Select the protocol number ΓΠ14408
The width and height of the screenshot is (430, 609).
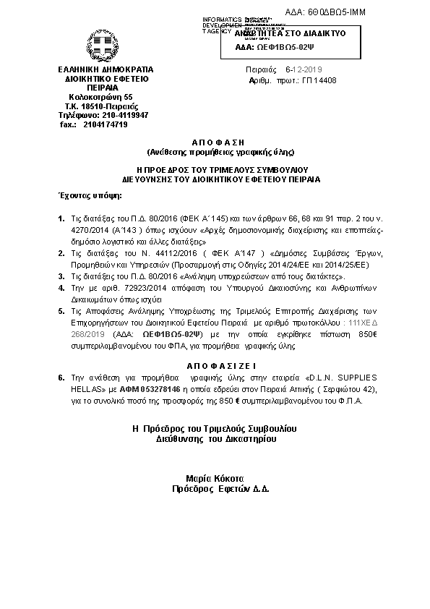pos(319,80)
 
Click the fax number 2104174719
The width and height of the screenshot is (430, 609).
pos(105,124)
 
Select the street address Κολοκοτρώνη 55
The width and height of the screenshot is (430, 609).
pos(100,97)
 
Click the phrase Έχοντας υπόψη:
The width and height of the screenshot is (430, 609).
pos(90,195)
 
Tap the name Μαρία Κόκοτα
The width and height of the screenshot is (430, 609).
pos(216,479)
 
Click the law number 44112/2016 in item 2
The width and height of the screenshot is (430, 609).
pos(151,253)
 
